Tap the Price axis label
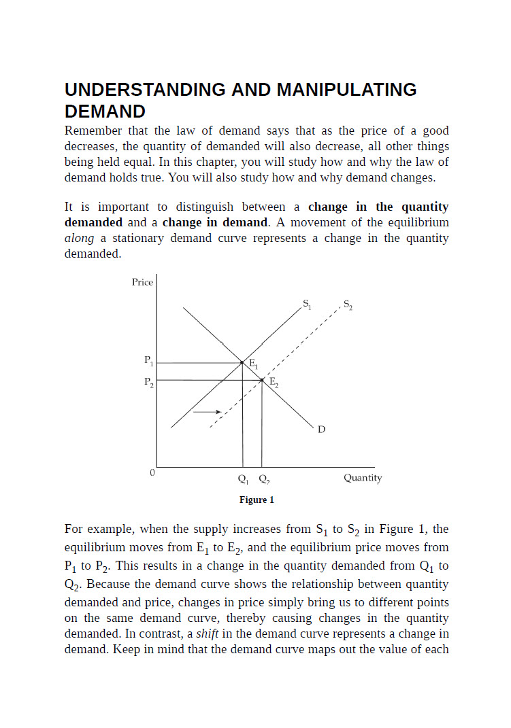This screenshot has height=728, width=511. tap(142, 282)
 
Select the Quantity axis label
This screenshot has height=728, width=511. tap(363, 478)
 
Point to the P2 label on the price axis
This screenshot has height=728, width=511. tap(148, 382)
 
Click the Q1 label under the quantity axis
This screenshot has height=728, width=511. tap(242, 479)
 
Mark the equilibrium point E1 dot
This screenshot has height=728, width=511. tap(242, 363)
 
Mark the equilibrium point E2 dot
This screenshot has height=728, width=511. tap(263, 380)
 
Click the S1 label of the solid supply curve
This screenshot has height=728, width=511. tap(307, 302)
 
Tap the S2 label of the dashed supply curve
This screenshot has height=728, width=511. tap(348, 304)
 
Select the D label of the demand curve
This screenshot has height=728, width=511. tap(321, 429)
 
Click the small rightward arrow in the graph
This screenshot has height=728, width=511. tap(207, 412)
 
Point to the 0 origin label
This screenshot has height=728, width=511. tap(152, 472)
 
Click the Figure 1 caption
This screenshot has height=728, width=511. tap(257, 500)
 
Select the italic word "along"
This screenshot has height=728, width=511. tap(79, 238)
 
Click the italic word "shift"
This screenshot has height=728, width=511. tap(208, 634)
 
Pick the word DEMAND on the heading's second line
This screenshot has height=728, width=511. tap(105, 111)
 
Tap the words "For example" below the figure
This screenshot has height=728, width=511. tap(95, 529)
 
